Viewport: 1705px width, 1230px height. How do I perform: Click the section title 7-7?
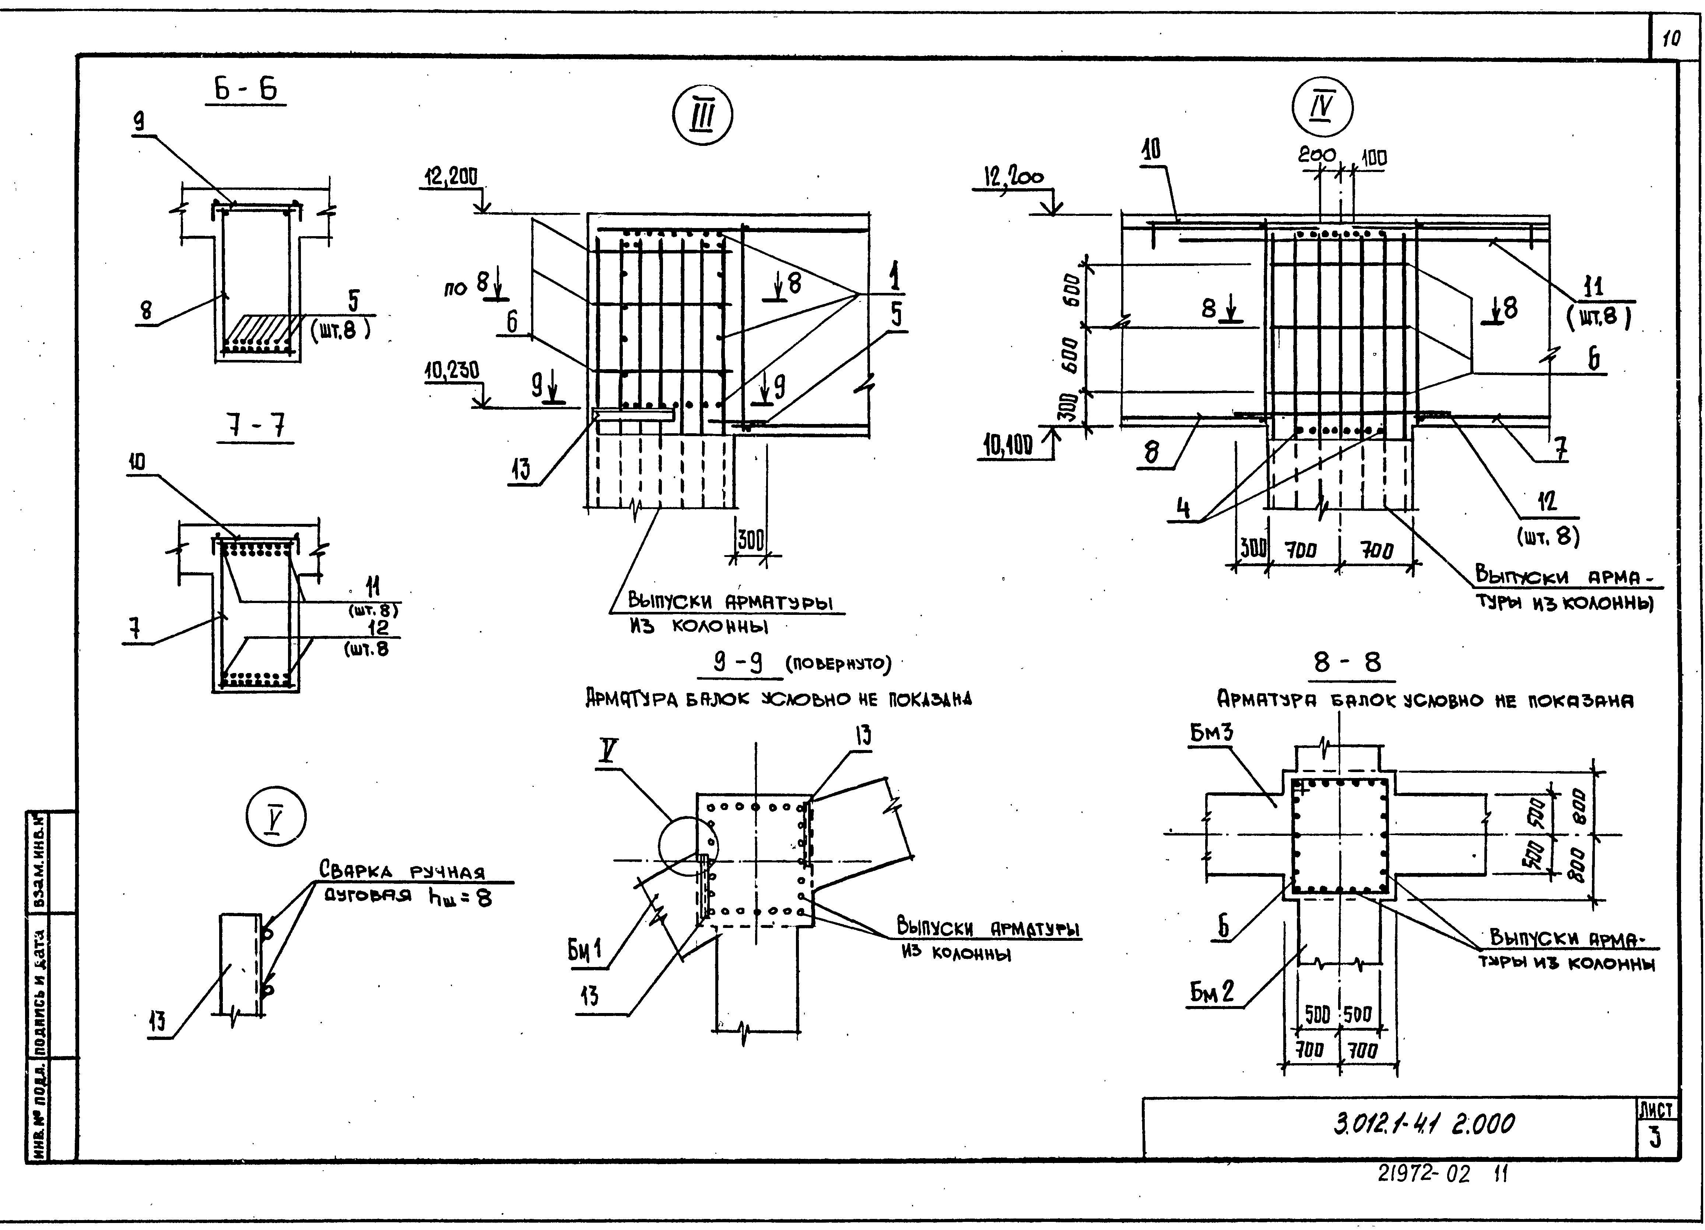[256, 427]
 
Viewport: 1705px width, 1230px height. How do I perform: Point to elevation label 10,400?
[1008, 446]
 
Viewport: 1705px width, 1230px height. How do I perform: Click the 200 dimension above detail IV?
[1316, 155]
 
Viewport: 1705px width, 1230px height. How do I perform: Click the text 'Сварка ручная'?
[402, 870]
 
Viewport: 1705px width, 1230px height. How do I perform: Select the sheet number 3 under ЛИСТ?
[1655, 1139]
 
